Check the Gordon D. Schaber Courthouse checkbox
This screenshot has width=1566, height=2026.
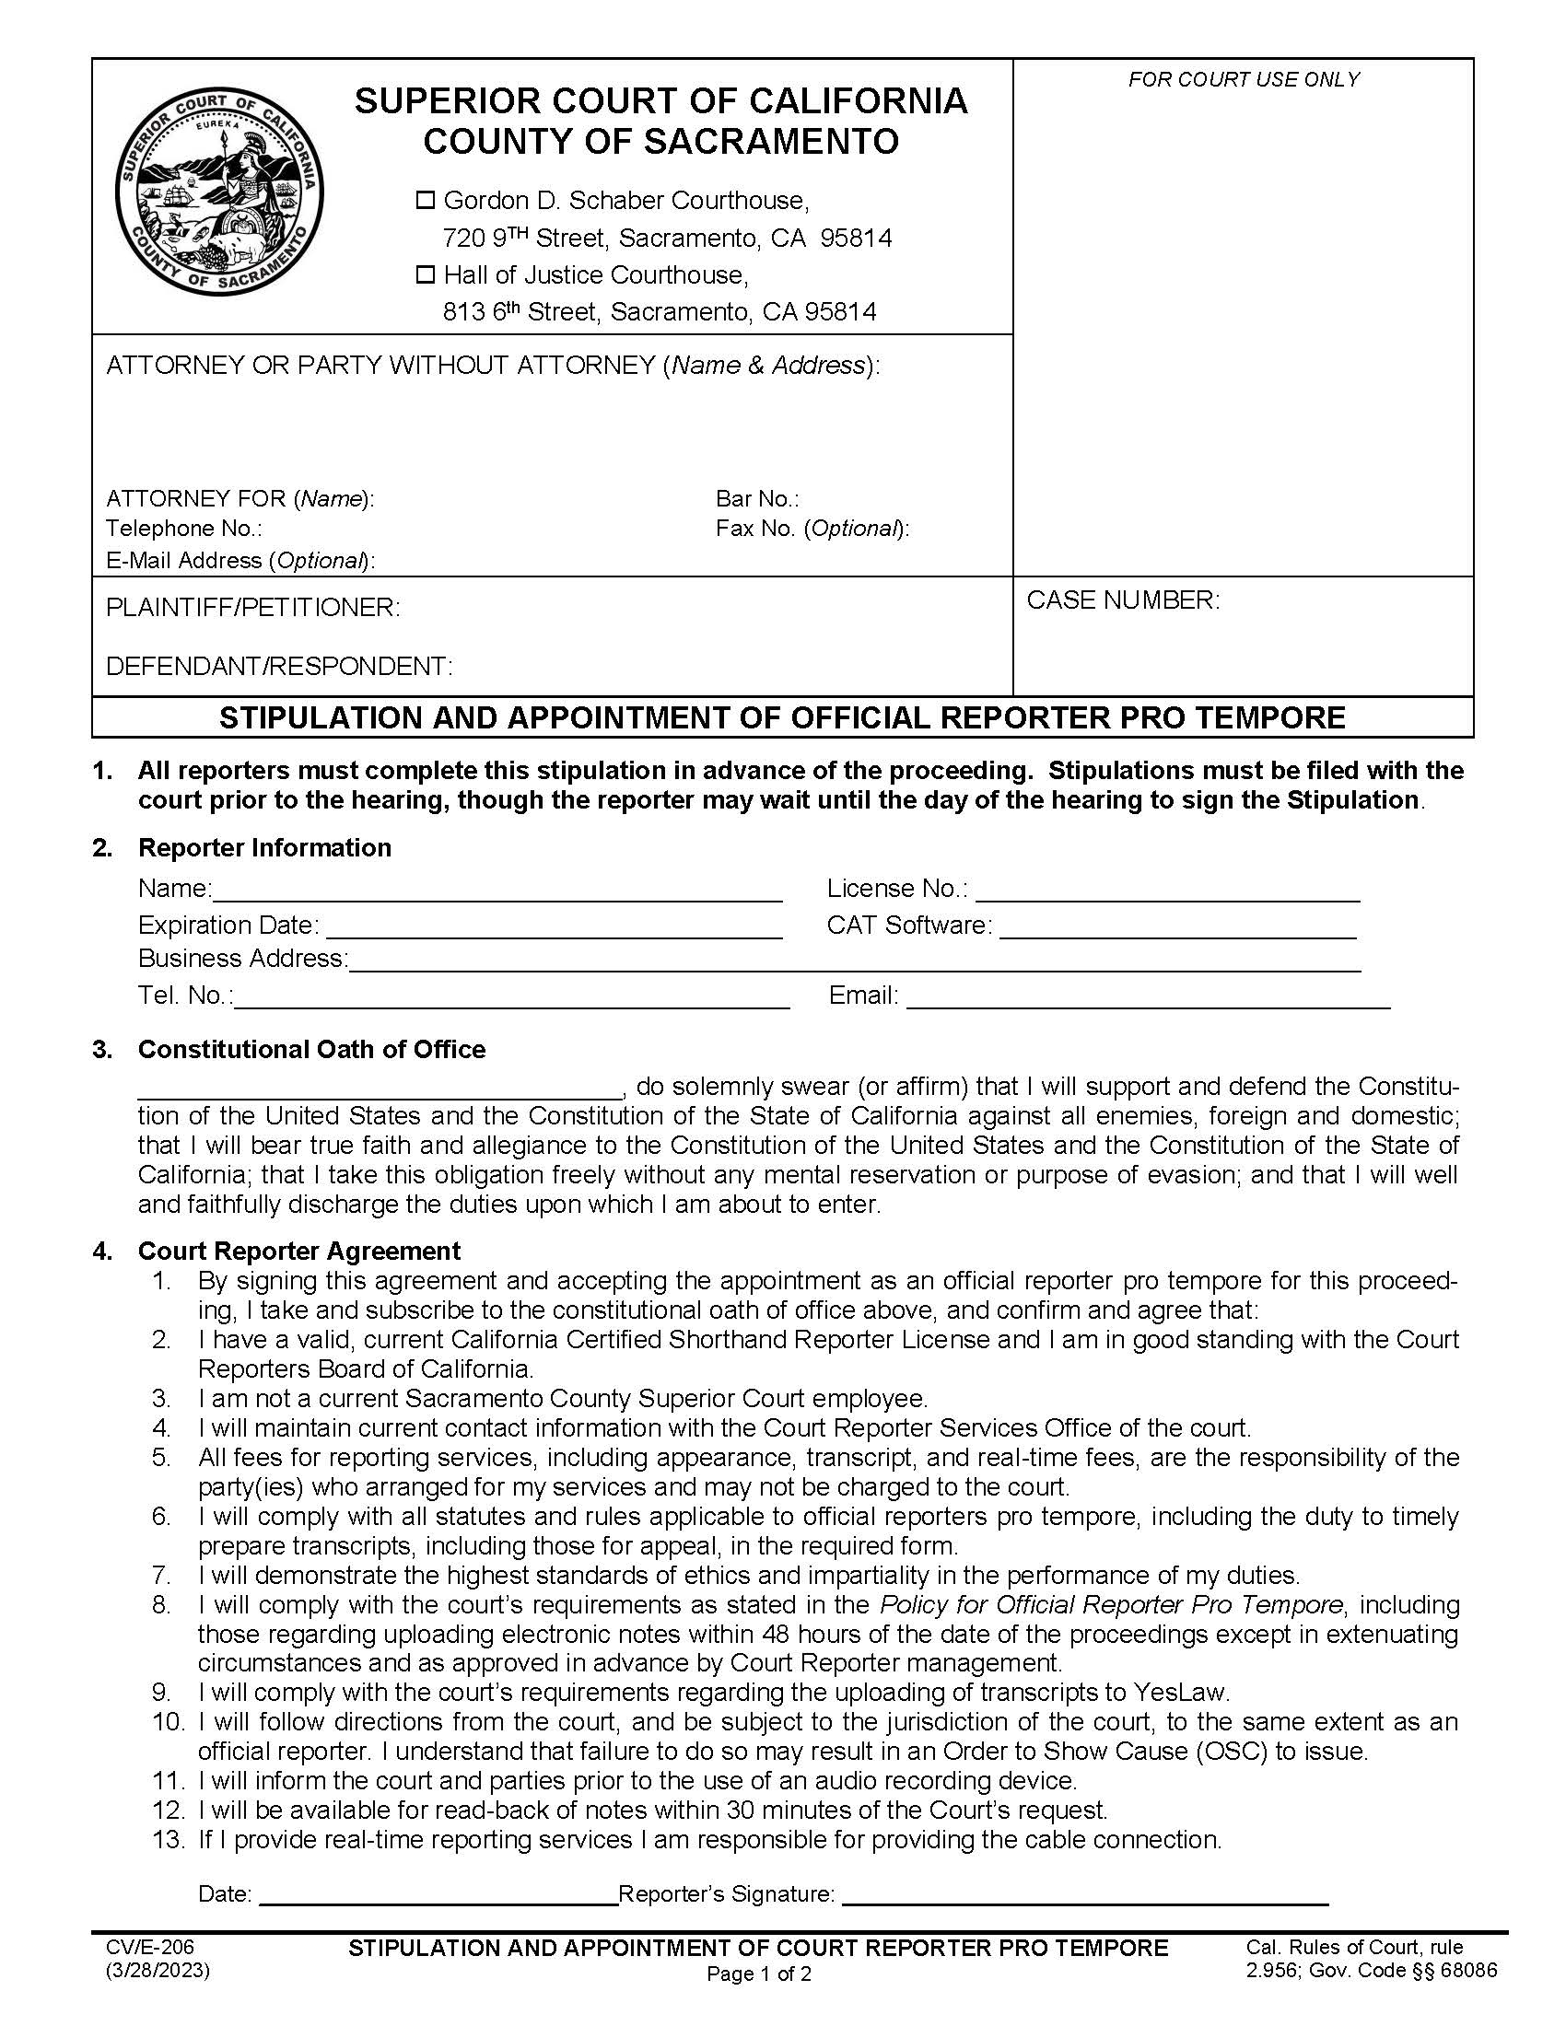point(426,201)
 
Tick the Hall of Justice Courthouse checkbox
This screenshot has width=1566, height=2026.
point(426,274)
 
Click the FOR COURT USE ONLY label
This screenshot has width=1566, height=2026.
point(1244,80)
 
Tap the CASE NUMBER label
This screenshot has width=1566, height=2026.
point(1123,600)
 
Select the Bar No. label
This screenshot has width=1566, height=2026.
point(757,499)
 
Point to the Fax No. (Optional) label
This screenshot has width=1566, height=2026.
point(812,529)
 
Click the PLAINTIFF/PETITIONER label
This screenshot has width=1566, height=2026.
point(253,608)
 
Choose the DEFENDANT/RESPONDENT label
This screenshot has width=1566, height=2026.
point(279,666)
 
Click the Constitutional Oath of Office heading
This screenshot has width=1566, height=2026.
point(311,1049)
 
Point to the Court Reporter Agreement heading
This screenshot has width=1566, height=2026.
point(298,1252)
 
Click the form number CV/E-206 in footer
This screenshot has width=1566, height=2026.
point(149,1947)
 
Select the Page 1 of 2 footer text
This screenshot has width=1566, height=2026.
point(759,1975)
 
